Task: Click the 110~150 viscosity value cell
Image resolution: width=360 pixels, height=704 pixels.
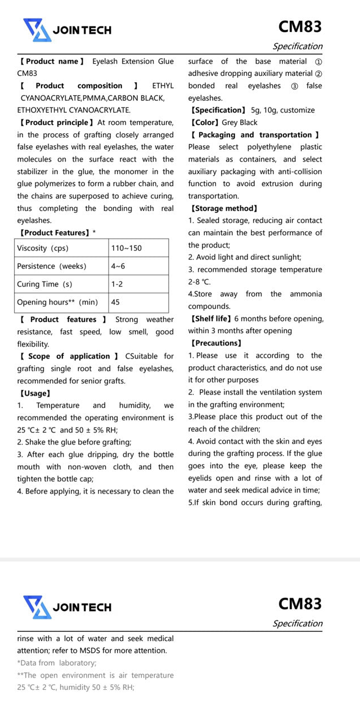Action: pyautogui.click(x=127, y=248)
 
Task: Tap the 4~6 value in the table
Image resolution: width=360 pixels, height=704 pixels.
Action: pyautogui.click(x=118, y=266)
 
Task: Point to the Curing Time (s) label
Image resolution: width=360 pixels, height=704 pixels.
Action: pyautogui.click(x=44, y=284)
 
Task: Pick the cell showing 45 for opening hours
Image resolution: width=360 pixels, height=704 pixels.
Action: pyautogui.click(x=115, y=302)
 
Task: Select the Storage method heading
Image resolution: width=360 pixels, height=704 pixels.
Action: pyautogui.click(x=224, y=208)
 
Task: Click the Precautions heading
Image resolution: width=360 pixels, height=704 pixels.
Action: pyautogui.click(x=216, y=343)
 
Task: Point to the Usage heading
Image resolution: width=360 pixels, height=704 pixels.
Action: pyautogui.click(x=35, y=393)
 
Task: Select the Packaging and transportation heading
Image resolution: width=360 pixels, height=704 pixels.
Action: pyautogui.click(x=255, y=134)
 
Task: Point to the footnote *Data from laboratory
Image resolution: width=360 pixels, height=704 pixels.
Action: pyautogui.click(x=57, y=663)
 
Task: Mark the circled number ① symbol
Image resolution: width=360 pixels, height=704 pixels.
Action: pyautogui.click(x=318, y=61)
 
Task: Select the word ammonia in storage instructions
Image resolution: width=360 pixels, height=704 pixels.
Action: pyautogui.click(x=306, y=294)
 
